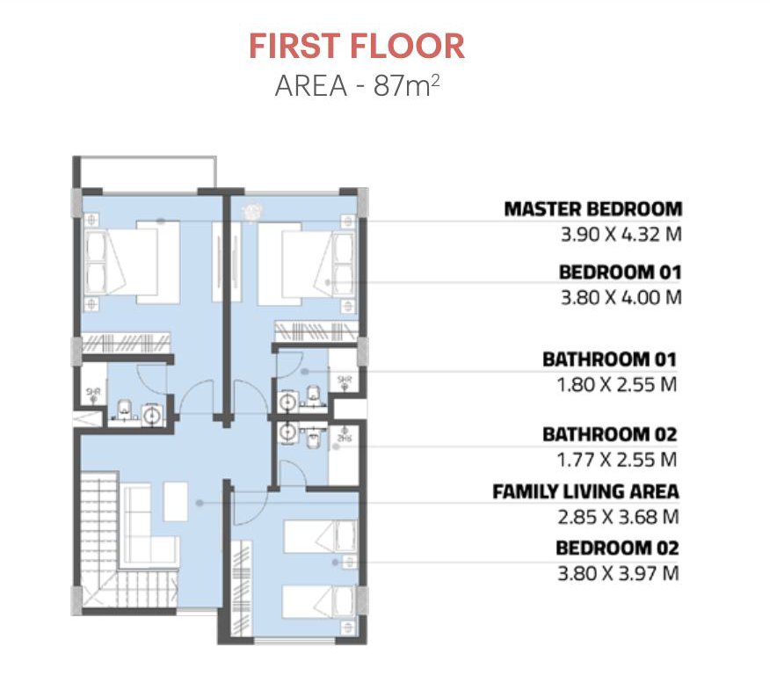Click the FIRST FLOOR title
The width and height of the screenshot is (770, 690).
coord(357,47)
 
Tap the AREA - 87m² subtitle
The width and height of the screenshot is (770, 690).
coord(357,85)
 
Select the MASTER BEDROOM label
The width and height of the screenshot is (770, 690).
coord(593,209)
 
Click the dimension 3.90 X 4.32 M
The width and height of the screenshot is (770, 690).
coord(621,235)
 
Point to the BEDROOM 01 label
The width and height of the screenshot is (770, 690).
coord(621,272)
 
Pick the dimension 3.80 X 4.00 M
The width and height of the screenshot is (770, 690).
coord(621,298)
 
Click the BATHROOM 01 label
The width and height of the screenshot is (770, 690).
coord(609,360)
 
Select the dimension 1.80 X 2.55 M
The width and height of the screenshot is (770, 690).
coord(616,384)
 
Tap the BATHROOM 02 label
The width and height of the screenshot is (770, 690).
coord(609,434)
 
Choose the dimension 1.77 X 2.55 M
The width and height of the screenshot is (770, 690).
coord(616,460)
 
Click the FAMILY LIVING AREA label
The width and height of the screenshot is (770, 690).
coord(585,491)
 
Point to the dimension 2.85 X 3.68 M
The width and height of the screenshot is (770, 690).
coord(618,517)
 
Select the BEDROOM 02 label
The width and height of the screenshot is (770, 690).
coord(617,548)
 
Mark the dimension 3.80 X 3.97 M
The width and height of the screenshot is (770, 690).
coord(618,573)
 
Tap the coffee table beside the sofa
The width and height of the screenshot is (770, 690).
coord(175,501)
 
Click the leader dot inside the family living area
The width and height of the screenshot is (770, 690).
coord(200,503)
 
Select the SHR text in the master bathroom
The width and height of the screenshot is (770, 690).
coord(93,392)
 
